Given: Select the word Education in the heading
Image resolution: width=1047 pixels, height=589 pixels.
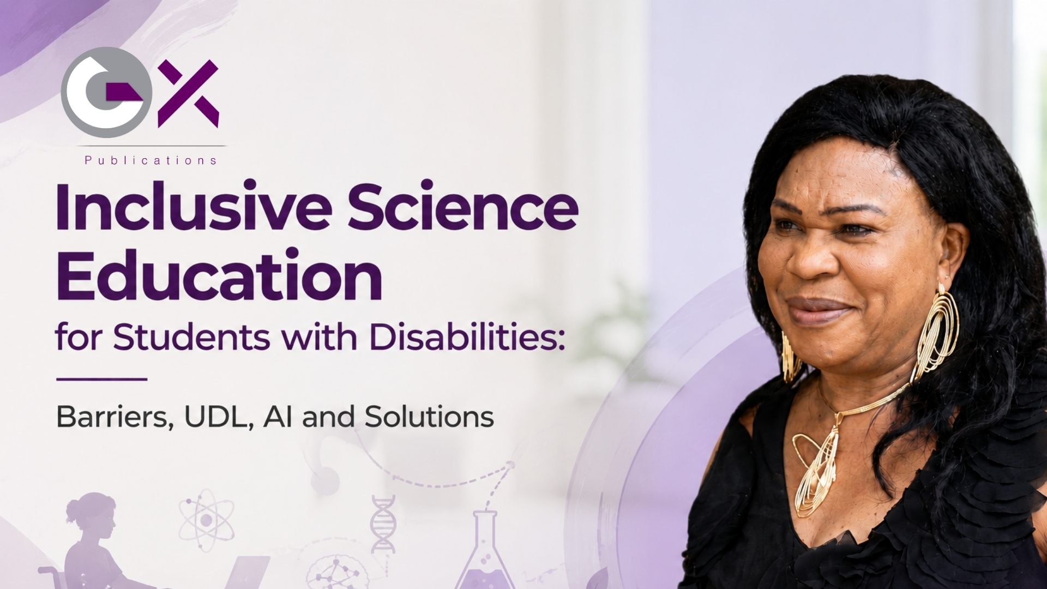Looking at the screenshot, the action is (219, 275).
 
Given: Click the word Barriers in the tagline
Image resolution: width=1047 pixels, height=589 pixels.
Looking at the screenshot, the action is (115, 417).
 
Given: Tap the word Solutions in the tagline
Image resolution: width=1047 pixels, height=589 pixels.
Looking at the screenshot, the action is (429, 417).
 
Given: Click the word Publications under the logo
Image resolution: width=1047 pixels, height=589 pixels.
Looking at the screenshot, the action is (151, 160).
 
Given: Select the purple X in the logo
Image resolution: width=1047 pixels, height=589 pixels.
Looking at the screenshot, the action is (189, 94).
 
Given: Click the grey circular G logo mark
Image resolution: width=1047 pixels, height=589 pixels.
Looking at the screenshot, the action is (106, 92).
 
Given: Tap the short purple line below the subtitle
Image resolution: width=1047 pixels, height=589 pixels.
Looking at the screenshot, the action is (102, 379).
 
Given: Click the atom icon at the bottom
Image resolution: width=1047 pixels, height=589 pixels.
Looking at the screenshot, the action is (207, 520).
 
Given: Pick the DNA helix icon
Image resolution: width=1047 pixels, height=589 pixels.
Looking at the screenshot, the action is (383, 524).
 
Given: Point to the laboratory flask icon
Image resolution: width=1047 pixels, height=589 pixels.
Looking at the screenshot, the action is (485, 551).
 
